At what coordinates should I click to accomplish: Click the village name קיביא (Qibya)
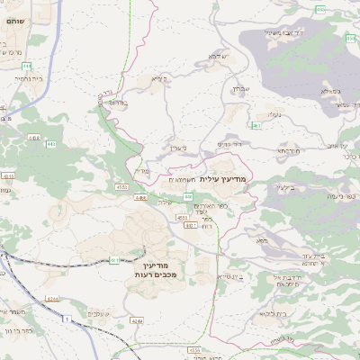tap(158, 79)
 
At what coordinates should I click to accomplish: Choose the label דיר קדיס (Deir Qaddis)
tap(231, 144)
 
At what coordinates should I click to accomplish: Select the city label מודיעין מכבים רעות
tap(160, 267)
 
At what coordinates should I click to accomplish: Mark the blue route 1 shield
tap(67, 319)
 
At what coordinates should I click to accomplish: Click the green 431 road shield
tap(115, 260)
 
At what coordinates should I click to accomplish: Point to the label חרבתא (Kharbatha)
tap(288, 150)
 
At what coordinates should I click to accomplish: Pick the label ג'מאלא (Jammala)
tap(329, 91)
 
